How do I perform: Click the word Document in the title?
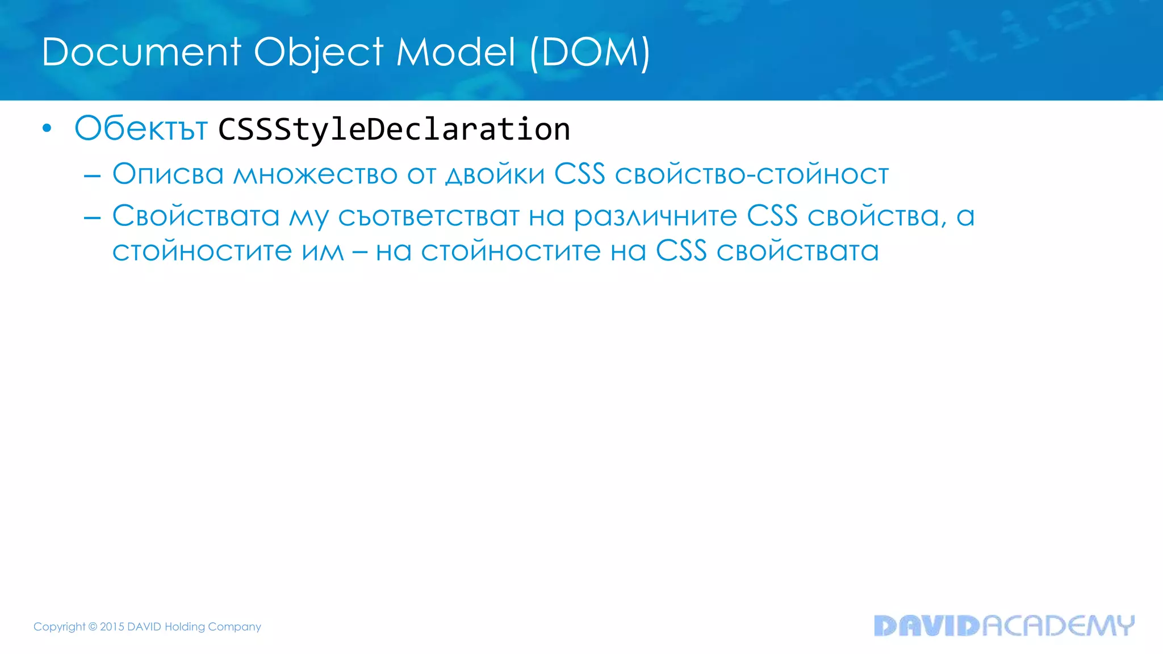[x=141, y=52]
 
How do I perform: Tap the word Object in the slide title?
[x=318, y=52]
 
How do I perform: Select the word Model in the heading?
[x=456, y=52]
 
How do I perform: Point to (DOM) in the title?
[x=590, y=52]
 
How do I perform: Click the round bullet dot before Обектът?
[x=47, y=129]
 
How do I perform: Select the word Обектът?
[x=141, y=128]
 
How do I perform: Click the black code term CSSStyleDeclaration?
[x=394, y=129]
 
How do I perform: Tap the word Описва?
[x=168, y=174]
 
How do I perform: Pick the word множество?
[x=315, y=174]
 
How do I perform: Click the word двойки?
[x=495, y=174]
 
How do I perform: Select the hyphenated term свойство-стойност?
[x=751, y=174]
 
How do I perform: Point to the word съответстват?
[x=429, y=216]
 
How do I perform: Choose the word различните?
[x=655, y=217]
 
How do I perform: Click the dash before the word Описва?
[x=92, y=177]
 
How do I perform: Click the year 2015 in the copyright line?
[x=112, y=627]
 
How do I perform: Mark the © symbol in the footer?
[x=93, y=627]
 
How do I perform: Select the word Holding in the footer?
[x=185, y=627]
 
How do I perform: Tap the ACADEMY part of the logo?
[x=1058, y=626]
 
